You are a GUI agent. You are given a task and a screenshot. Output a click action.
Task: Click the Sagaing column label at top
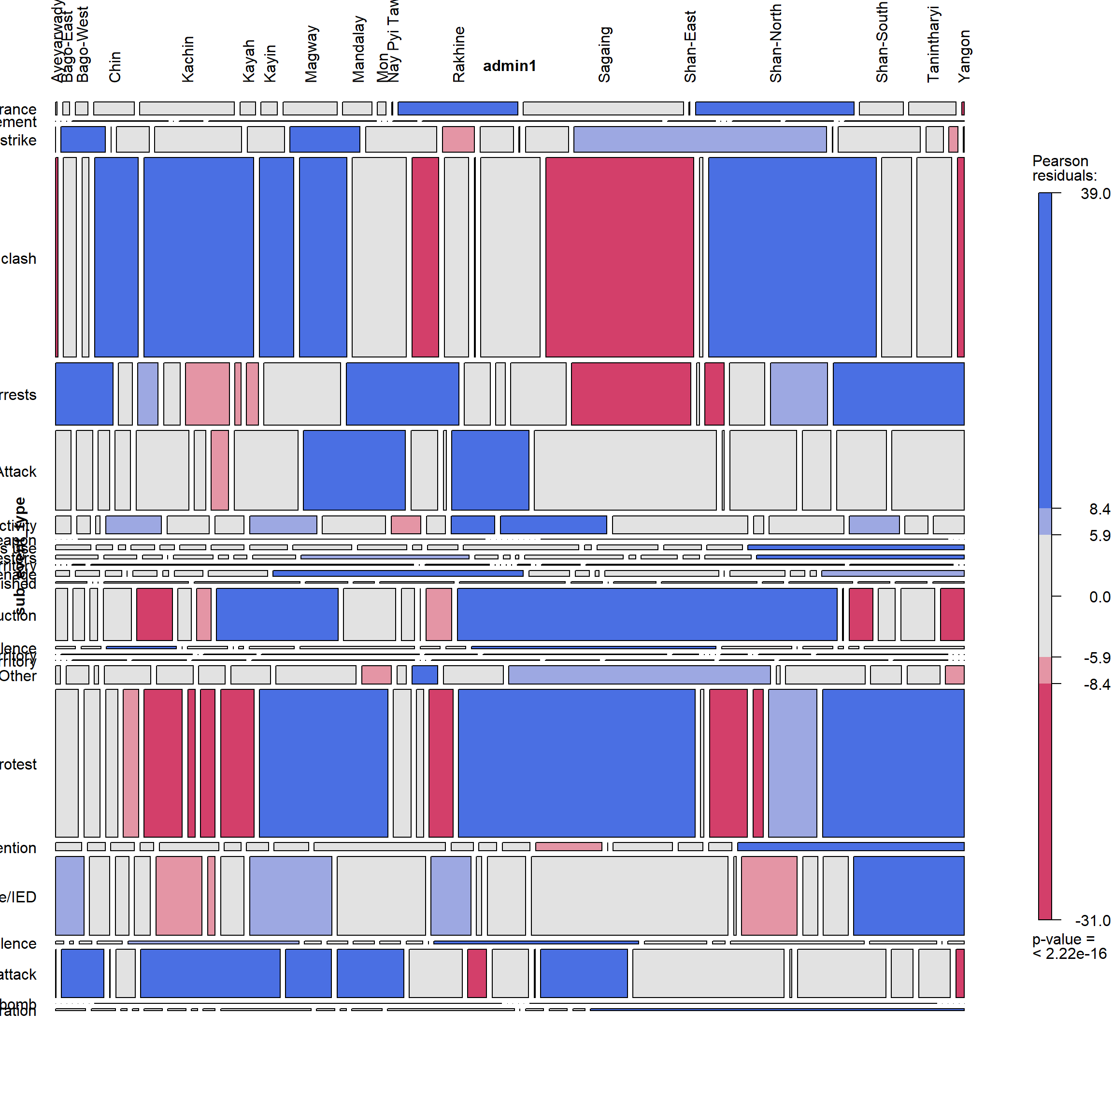(x=604, y=55)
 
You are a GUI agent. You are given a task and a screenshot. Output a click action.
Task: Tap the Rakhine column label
(x=458, y=55)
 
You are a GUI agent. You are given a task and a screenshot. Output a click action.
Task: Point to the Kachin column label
(x=188, y=59)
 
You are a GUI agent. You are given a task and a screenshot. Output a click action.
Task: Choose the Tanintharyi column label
(x=933, y=44)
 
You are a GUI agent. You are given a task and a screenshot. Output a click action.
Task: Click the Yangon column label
(x=964, y=57)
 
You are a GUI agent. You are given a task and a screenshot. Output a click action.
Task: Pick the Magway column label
(x=311, y=54)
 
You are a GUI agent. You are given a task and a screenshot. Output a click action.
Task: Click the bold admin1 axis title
(x=509, y=66)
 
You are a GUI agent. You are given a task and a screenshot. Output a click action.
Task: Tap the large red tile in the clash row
(x=619, y=257)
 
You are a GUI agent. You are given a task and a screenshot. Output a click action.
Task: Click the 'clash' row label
(x=18, y=258)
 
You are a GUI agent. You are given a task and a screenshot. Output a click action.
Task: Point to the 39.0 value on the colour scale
(x=1095, y=194)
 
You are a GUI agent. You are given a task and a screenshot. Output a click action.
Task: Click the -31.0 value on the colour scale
(x=1092, y=921)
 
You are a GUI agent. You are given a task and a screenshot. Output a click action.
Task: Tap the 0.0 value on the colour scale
(x=1099, y=597)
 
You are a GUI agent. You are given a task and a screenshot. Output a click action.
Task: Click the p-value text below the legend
(x=1069, y=946)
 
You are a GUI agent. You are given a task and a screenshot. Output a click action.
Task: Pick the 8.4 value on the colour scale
(x=1099, y=509)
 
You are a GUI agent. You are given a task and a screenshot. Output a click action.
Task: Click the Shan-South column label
(x=882, y=42)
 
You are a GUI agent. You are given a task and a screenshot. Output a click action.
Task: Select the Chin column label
(x=115, y=67)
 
